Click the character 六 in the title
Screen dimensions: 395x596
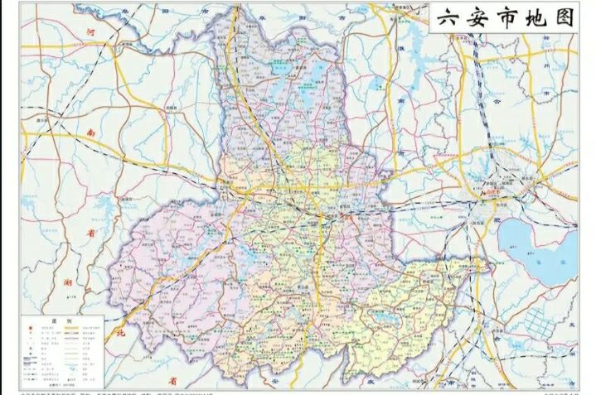coord(448,19)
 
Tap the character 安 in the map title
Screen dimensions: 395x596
coord(479,19)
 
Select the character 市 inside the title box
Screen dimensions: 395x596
coord(508,19)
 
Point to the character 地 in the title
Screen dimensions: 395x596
coord(537,19)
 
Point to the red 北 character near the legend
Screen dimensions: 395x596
coord(119,334)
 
